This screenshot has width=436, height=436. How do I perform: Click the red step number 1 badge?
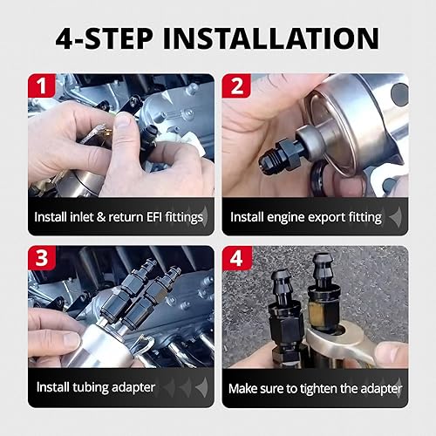(x=41, y=86)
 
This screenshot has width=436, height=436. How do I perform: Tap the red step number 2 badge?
(x=235, y=86)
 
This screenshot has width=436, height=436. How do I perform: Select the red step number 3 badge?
(x=41, y=259)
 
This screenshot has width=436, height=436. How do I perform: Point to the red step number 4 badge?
(x=235, y=259)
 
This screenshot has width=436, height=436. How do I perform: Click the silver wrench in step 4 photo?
(x=353, y=353)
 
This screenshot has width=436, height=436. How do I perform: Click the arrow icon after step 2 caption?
(x=395, y=216)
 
